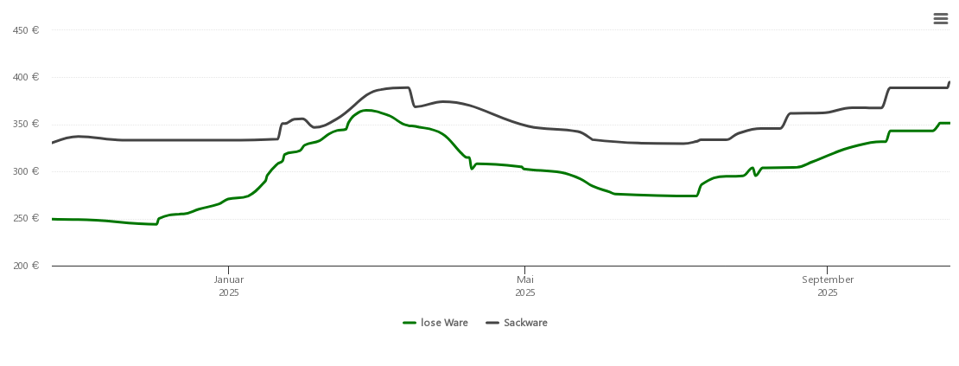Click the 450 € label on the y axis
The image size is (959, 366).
point(26,30)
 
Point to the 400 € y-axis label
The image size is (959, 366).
point(26,77)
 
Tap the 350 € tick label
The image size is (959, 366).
point(26,124)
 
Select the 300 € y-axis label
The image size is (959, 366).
point(26,171)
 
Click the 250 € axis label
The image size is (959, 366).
point(26,218)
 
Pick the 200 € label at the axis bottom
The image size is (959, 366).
point(26,265)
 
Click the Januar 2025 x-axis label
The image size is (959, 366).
point(229,286)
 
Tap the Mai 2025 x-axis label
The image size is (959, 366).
point(525,286)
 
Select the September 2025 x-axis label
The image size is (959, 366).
point(828,286)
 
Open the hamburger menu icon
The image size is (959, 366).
point(941,19)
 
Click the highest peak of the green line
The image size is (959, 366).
point(367,110)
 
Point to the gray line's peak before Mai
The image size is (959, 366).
point(402,87)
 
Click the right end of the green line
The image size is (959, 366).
point(949,123)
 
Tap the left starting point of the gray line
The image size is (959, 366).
point(53,143)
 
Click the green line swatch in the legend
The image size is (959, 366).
point(410,323)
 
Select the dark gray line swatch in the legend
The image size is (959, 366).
point(492,323)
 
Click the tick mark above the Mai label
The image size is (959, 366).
point(524,269)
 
